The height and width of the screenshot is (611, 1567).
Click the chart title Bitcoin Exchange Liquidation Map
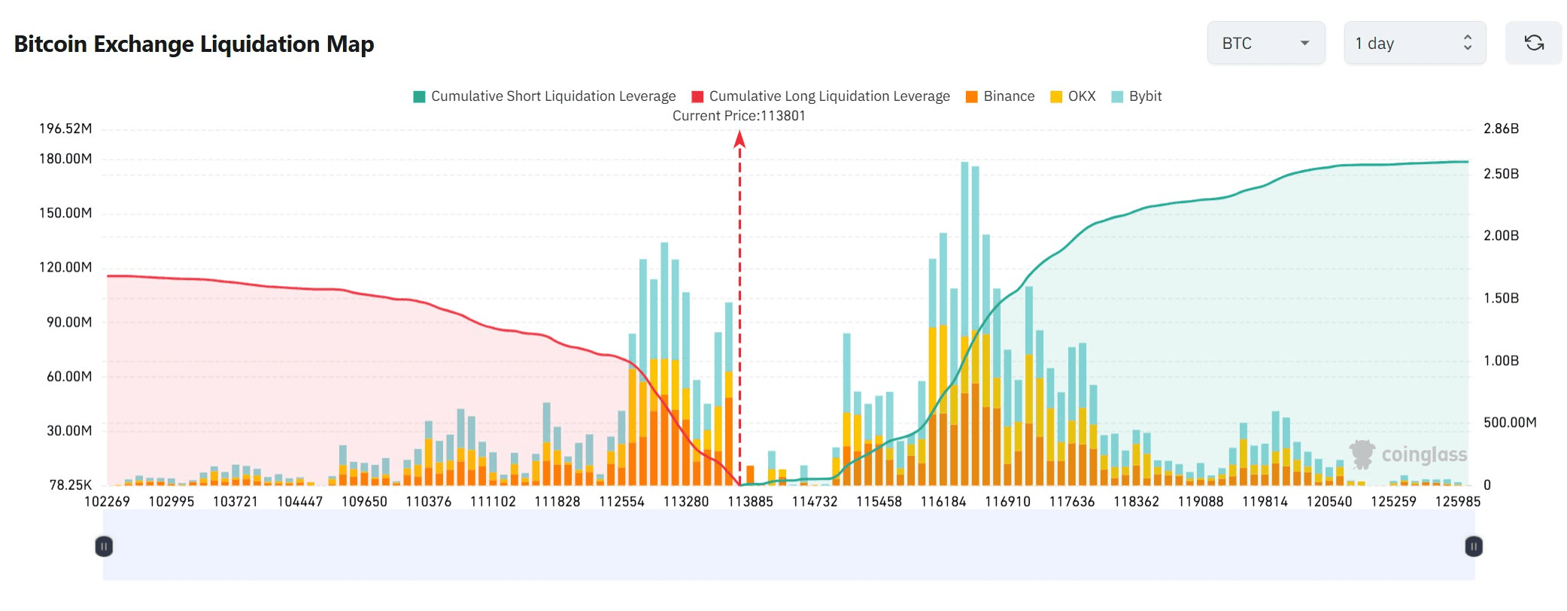[x=194, y=44]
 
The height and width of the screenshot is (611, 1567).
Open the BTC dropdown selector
[x=1265, y=44]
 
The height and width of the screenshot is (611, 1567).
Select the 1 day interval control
[x=1414, y=44]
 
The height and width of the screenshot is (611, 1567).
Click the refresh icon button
[x=1533, y=44]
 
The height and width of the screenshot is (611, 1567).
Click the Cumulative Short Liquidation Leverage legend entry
[x=545, y=96]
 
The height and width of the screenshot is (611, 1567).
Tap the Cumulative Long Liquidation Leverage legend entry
[x=821, y=96]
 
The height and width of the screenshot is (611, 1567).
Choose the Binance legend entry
[x=1001, y=96]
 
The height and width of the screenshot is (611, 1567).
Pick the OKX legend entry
[x=1074, y=96]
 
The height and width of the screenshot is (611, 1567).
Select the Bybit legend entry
[x=1137, y=96]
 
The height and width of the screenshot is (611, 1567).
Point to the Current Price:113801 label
[x=739, y=116]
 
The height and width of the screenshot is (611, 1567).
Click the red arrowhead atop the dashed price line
[x=739, y=139]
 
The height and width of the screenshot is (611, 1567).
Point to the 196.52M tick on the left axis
[x=65, y=129]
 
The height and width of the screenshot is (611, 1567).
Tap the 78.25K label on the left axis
[x=71, y=485]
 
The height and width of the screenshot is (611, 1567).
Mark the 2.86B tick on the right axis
[x=1501, y=129]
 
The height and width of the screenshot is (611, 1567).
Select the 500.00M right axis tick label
[x=1509, y=423]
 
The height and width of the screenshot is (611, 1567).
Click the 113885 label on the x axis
[x=750, y=502]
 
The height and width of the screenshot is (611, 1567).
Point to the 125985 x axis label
[x=1457, y=502]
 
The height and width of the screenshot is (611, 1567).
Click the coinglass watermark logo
[x=1408, y=454]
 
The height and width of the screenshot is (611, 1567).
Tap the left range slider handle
[x=105, y=546]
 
